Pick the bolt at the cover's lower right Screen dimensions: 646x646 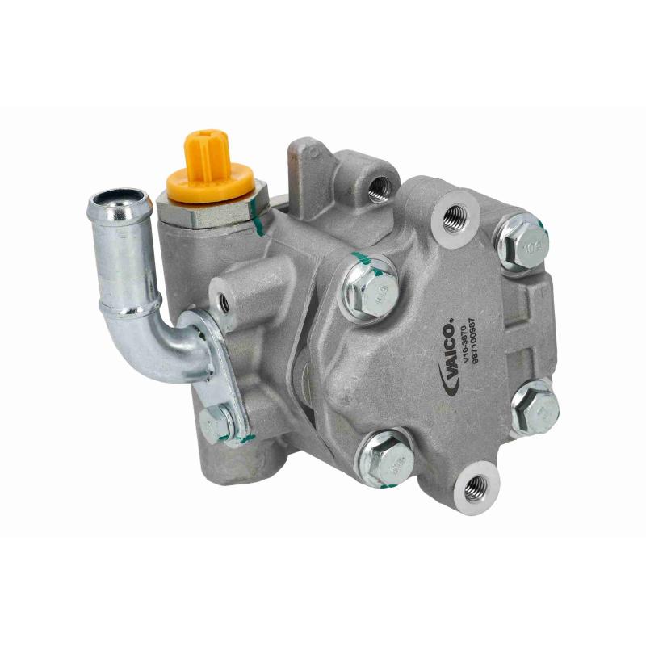tap(535, 406)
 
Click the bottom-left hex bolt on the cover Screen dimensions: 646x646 tap(386, 457)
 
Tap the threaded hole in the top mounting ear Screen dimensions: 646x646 tap(379, 187)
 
